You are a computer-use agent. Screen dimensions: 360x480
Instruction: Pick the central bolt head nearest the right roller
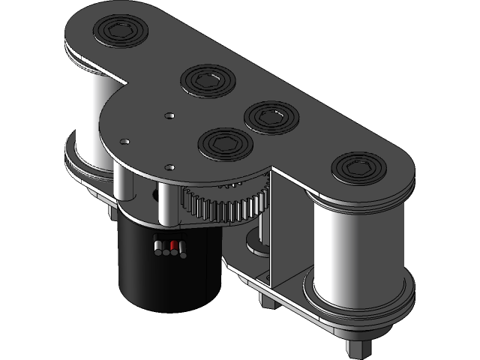pyautogui.click(x=271, y=117)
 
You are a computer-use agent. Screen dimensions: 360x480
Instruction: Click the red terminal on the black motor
pyautogui.click(x=175, y=246)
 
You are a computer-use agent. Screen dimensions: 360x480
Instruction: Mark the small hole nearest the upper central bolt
pyautogui.click(x=170, y=115)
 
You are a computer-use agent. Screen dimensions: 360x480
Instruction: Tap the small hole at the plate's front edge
pyautogui.click(x=170, y=167)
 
